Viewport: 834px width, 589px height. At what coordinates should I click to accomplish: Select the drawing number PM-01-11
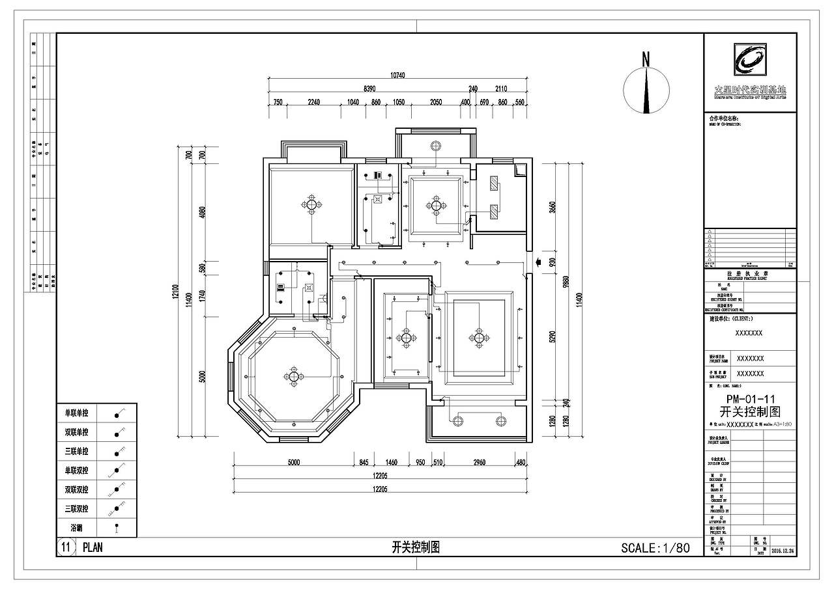click(749, 399)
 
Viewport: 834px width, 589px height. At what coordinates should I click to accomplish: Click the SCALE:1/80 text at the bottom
click(655, 547)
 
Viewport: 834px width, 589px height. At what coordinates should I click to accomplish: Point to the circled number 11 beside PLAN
click(65, 547)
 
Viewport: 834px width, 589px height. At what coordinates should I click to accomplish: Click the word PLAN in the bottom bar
click(93, 547)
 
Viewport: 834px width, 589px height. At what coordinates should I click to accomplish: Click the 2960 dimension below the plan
click(479, 463)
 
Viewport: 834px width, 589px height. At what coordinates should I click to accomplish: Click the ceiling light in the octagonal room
click(294, 376)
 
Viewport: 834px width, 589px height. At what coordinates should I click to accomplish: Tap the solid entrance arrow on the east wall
click(538, 262)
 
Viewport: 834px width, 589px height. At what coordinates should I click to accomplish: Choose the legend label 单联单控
click(76, 413)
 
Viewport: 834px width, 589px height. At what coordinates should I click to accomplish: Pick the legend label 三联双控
click(76, 508)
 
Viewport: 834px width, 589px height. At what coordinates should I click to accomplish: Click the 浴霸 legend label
click(76, 527)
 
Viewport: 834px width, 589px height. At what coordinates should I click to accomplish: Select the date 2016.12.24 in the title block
click(783, 551)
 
